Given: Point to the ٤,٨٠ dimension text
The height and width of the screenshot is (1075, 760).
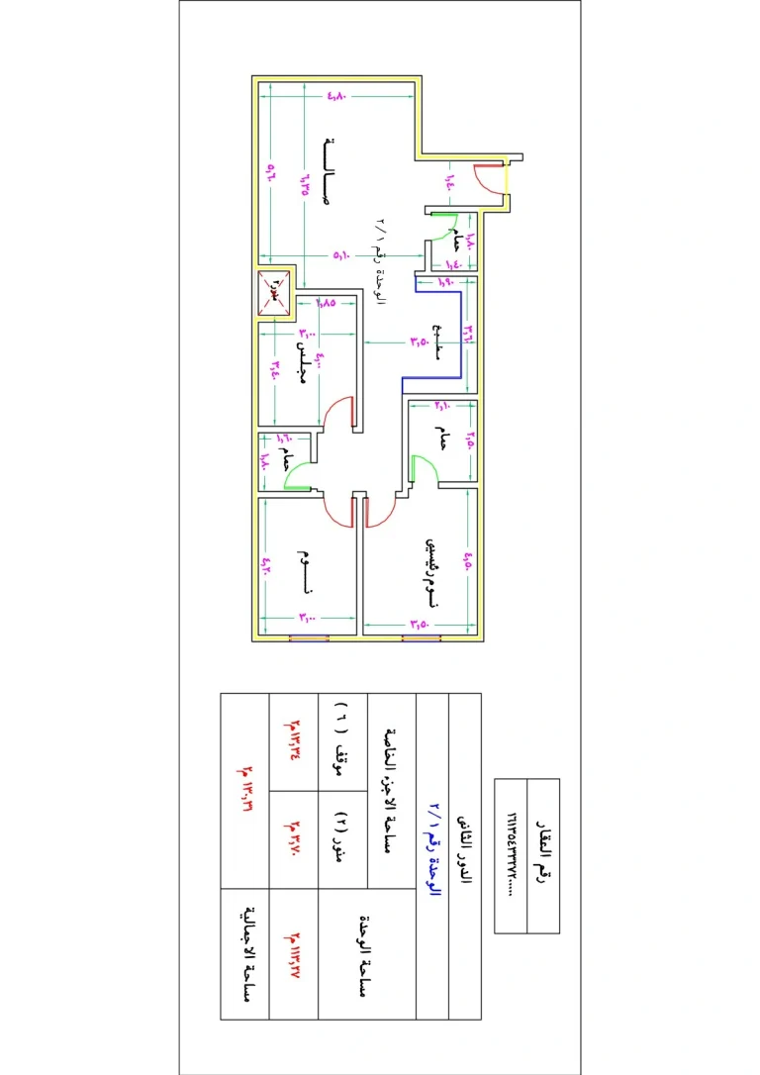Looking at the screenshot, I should [336, 97].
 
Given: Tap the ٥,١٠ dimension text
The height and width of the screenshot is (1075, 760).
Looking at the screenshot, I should [341, 256].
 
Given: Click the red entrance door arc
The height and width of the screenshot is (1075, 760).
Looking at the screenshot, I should [487, 178].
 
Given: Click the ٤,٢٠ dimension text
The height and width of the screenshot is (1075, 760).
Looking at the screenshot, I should [265, 566].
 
